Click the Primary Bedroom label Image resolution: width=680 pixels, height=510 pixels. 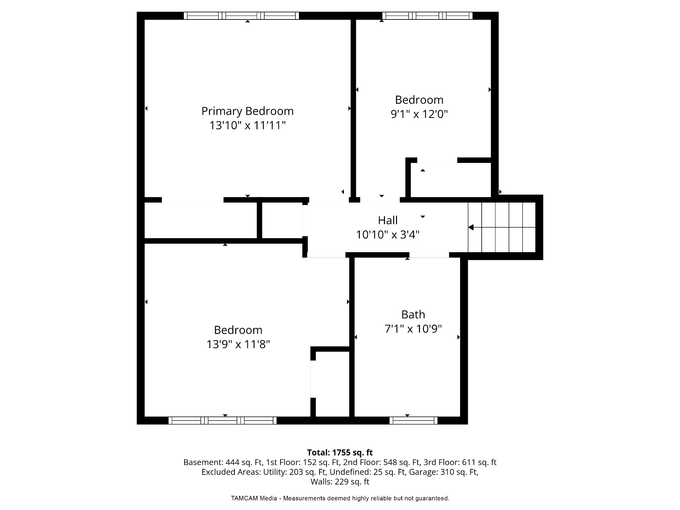pyautogui.click(x=248, y=111)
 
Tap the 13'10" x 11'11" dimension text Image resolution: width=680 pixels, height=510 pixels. pyautogui.click(x=248, y=125)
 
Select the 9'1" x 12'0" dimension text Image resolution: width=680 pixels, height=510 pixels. pyautogui.click(x=419, y=114)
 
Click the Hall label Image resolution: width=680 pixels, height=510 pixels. pyautogui.click(x=388, y=220)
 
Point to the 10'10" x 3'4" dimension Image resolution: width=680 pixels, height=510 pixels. pyautogui.click(x=388, y=234)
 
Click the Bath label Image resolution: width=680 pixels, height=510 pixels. pyautogui.click(x=413, y=314)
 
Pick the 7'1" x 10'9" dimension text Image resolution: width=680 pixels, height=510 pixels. pyautogui.click(x=413, y=329)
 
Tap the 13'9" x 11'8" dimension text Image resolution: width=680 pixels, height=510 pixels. pyautogui.click(x=238, y=344)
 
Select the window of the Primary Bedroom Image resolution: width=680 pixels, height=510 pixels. pyautogui.click(x=241, y=16)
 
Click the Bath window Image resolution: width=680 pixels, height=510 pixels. pyautogui.click(x=413, y=420)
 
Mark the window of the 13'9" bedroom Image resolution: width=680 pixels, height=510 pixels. pyautogui.click(x=222, y=420)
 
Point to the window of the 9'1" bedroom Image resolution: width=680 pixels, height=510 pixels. pyautogui.click(x=427, y=16)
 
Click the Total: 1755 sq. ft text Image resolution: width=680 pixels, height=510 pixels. pyautogui.click(x=340, y=453)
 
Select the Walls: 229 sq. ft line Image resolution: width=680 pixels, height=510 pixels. pyautogui.click(x=340, y=482)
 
